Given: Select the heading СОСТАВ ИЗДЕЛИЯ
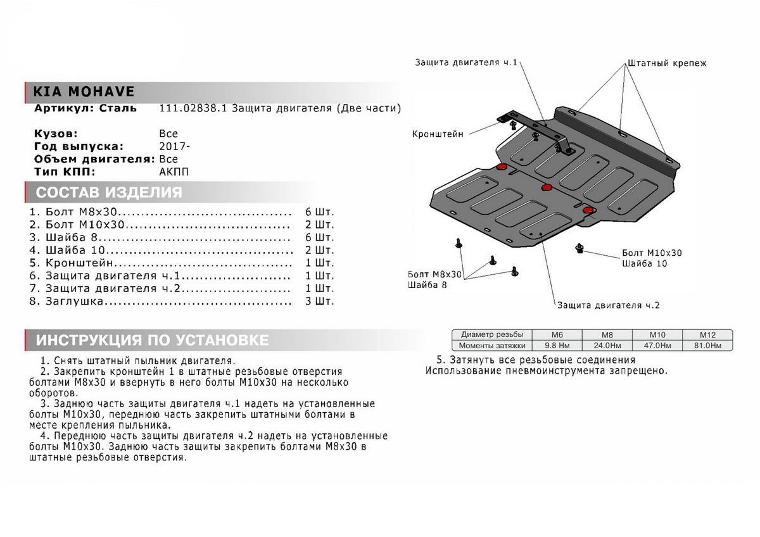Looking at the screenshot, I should coord(109,193).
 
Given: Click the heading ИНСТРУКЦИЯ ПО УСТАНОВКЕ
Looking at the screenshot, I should coord(152,340).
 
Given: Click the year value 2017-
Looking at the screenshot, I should coord(174,146).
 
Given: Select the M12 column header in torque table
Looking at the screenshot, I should coord(707,334).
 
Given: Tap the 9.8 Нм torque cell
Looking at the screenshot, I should coord(558,345).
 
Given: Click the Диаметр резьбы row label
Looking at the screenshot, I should coord(492,334).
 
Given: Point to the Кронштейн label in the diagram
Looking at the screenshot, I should coord(438,134).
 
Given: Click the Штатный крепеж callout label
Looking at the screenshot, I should coord(666,63).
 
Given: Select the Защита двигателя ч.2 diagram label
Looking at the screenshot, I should coord(609,305).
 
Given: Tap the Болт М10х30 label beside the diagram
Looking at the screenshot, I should coord(652,253).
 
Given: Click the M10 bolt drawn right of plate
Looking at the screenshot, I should coord(579,248).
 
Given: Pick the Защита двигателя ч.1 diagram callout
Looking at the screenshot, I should coord(467,63).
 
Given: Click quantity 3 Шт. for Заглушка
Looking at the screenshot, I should coord(319,301).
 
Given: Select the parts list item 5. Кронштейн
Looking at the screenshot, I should coord(72,263).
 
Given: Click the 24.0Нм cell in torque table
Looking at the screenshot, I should coord(607,345).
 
